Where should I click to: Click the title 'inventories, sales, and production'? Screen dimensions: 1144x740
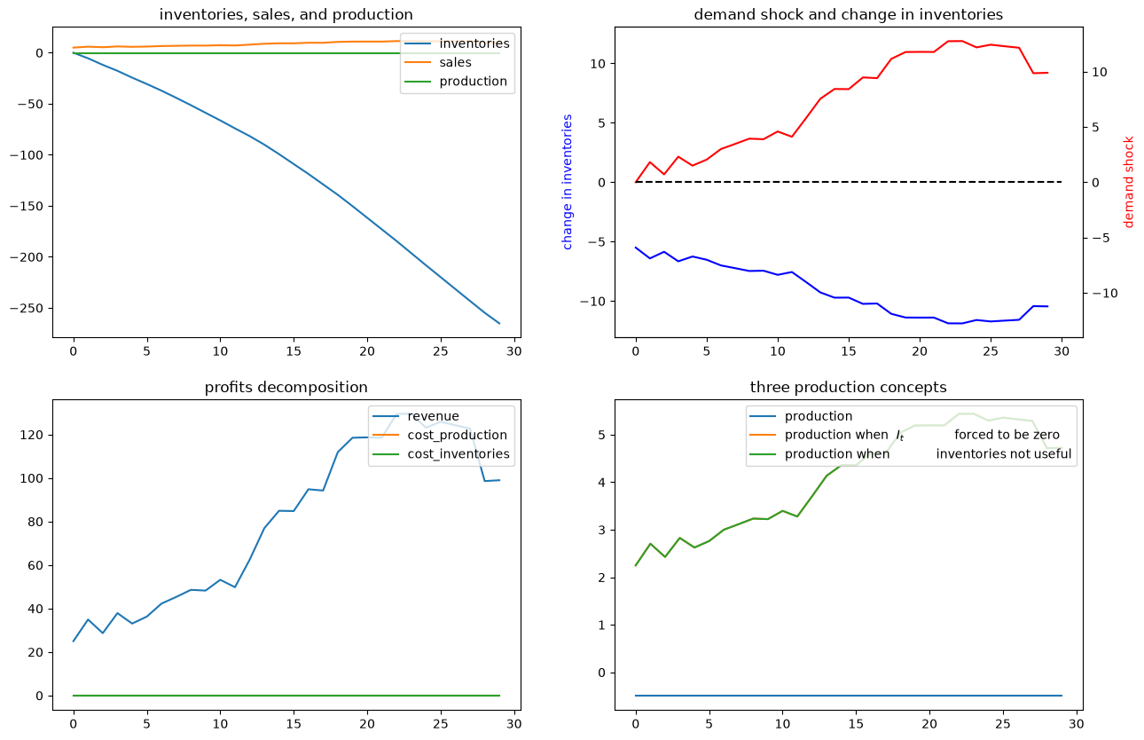(286, 15)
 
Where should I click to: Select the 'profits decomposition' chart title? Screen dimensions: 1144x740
(286, 388)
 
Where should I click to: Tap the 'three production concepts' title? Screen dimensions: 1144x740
(849, 388)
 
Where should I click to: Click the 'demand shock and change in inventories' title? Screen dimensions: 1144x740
(849, 15)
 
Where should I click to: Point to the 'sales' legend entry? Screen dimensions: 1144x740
(455, 62)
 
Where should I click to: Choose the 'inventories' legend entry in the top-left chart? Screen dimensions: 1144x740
(474, 43)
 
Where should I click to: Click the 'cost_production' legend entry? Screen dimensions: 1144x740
(457, 435)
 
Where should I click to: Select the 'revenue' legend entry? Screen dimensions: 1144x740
(433, 416)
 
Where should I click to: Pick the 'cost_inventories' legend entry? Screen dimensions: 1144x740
(458, 453)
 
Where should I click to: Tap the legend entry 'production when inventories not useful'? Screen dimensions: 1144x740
(928, 453)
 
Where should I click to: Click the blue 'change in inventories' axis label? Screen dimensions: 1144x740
(567, 182)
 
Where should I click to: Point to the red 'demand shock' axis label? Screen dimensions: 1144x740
(1129, 182)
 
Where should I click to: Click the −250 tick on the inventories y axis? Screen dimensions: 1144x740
(27, 309)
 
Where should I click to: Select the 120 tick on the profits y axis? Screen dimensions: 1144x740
(35, 436)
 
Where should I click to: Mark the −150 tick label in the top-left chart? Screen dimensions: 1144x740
(27, 207)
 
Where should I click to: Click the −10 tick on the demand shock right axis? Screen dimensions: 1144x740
(1105, 294)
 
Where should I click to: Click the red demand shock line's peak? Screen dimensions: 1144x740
(955, 41)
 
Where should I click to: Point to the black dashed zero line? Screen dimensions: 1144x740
(849, 182)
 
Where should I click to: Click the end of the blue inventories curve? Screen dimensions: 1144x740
(499, 324)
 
